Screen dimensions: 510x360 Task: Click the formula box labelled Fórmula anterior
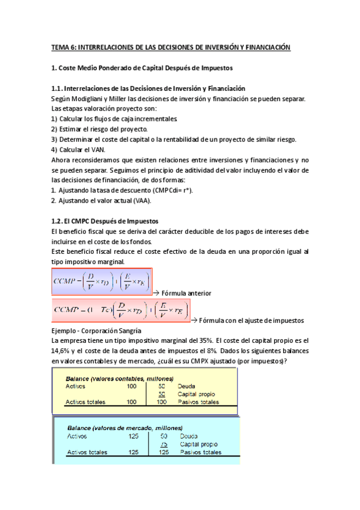(x=102, y=281)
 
